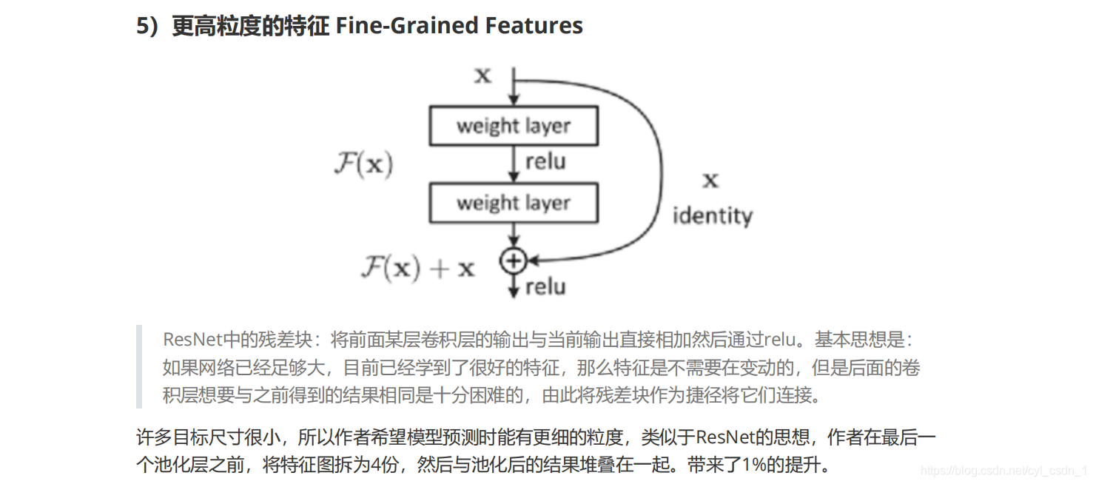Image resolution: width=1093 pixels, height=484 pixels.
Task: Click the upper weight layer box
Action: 514,126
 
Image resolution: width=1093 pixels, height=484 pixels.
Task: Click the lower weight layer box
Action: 514,203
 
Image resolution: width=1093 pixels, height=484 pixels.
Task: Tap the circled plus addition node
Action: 512,261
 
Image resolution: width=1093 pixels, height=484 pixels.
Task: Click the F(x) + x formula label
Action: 417,267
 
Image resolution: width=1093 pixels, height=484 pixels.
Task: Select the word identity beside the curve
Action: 712,216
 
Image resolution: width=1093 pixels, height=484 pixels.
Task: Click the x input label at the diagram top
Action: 482,75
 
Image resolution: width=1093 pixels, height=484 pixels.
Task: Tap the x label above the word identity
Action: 710,180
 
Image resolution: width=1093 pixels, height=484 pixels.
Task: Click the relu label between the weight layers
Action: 545,162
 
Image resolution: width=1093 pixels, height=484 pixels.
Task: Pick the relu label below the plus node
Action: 545,286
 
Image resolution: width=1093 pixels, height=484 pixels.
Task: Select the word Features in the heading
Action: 534,26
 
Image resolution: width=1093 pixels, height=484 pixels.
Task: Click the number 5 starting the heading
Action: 143,26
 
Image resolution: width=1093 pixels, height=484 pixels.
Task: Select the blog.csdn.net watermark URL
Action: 1003,471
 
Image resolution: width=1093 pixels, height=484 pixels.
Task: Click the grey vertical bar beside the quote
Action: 139,367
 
